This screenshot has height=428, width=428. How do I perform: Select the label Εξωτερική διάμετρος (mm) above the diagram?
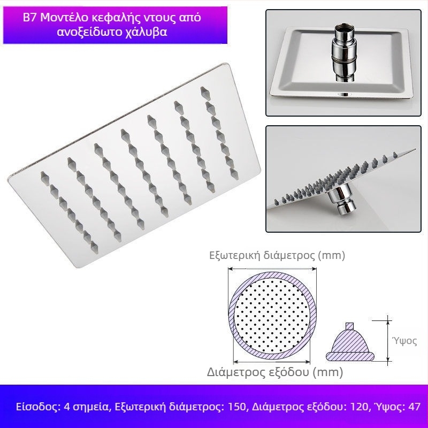277,255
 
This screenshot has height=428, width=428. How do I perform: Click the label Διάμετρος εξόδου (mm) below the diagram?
275,372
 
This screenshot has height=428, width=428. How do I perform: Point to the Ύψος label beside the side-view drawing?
404,341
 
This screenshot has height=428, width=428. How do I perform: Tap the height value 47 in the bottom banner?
414,407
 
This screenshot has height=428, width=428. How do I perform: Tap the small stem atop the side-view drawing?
350,326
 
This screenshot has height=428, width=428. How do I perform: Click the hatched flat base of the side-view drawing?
350,356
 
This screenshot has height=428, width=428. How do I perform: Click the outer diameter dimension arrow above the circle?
272,269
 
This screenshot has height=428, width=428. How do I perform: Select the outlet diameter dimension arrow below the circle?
272,362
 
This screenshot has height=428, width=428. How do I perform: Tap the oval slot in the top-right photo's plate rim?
344,95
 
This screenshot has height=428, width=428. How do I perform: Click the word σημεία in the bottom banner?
90,407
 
